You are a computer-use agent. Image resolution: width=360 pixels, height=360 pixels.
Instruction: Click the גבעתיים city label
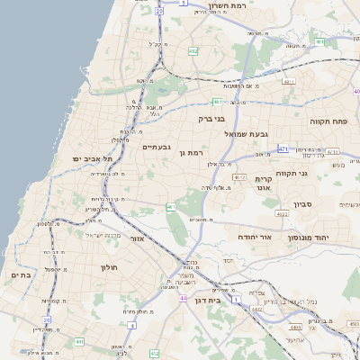point(157,146)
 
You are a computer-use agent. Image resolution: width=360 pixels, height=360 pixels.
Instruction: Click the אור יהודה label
point(254,236)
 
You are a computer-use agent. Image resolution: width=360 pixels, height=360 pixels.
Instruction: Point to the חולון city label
point(130,267)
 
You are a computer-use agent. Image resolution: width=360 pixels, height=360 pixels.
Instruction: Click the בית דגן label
point(207,300)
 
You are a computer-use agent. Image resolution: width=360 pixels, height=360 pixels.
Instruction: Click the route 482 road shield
point(193,51)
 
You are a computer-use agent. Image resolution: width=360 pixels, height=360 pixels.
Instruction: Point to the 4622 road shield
point(282,214)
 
